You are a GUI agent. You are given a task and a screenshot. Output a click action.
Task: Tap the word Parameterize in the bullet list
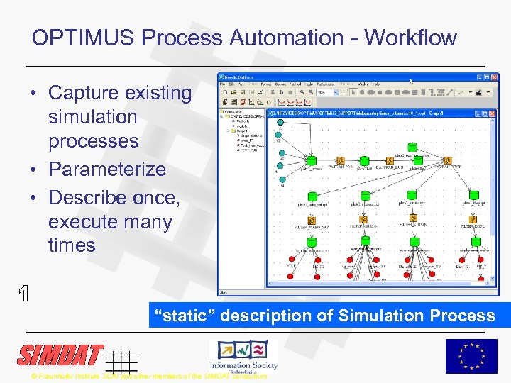click(x=106, y=170)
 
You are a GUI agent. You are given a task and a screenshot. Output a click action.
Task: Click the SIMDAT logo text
click(x=60, y=355)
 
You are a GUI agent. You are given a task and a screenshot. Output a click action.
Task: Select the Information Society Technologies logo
click(x=243, y=355)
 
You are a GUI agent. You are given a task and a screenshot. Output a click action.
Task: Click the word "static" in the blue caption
click(x=187, y=316)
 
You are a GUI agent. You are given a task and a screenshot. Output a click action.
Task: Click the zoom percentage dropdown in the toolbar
click(x=326, y=91)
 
